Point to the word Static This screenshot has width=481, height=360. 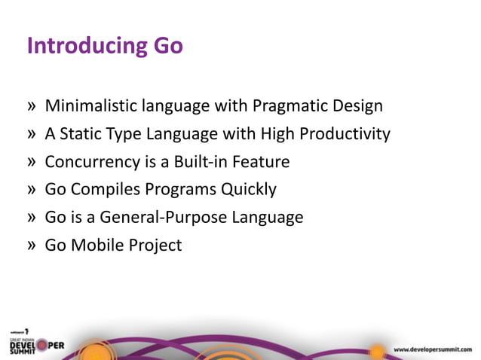coord(79,134)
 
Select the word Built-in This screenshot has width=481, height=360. coord(200,162)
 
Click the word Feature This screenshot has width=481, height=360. coord(260,162)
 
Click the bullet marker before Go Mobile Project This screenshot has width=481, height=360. coord(31,246)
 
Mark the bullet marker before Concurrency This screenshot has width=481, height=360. coord(31,162)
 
